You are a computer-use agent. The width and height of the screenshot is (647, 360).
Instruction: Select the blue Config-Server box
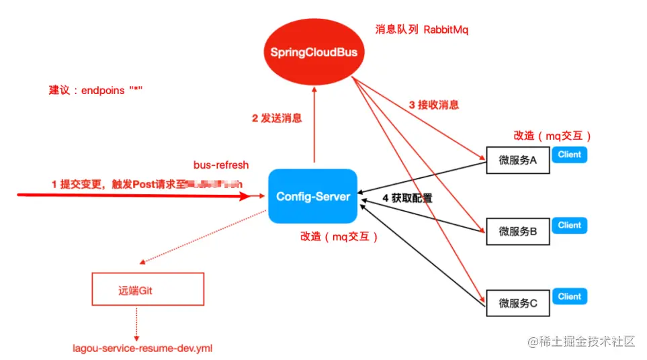coord(312,196)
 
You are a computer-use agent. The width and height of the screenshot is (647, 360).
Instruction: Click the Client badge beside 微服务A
coord(569,154)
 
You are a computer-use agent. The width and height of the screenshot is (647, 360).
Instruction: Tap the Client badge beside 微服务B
coord(569,226)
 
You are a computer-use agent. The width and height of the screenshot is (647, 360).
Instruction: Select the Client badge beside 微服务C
coord(569,296)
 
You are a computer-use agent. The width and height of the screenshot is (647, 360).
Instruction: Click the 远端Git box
coord(147,289)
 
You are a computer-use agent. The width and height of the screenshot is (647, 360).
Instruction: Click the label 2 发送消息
coord(277,118)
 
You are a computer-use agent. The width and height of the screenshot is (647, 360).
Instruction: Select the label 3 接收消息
coord(434,105)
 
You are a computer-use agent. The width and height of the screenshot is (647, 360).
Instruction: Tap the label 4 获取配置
coord(407,198)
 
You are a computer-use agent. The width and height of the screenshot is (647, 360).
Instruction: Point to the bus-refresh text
coord(221,165)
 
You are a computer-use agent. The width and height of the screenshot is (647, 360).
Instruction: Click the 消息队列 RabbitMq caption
coord(421,30)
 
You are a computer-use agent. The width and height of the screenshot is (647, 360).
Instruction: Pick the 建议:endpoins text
coord(96,90)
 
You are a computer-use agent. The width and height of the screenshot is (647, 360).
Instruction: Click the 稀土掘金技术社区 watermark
coord(581,341)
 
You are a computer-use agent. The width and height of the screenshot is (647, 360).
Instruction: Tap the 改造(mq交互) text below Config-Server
coord(339,236)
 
